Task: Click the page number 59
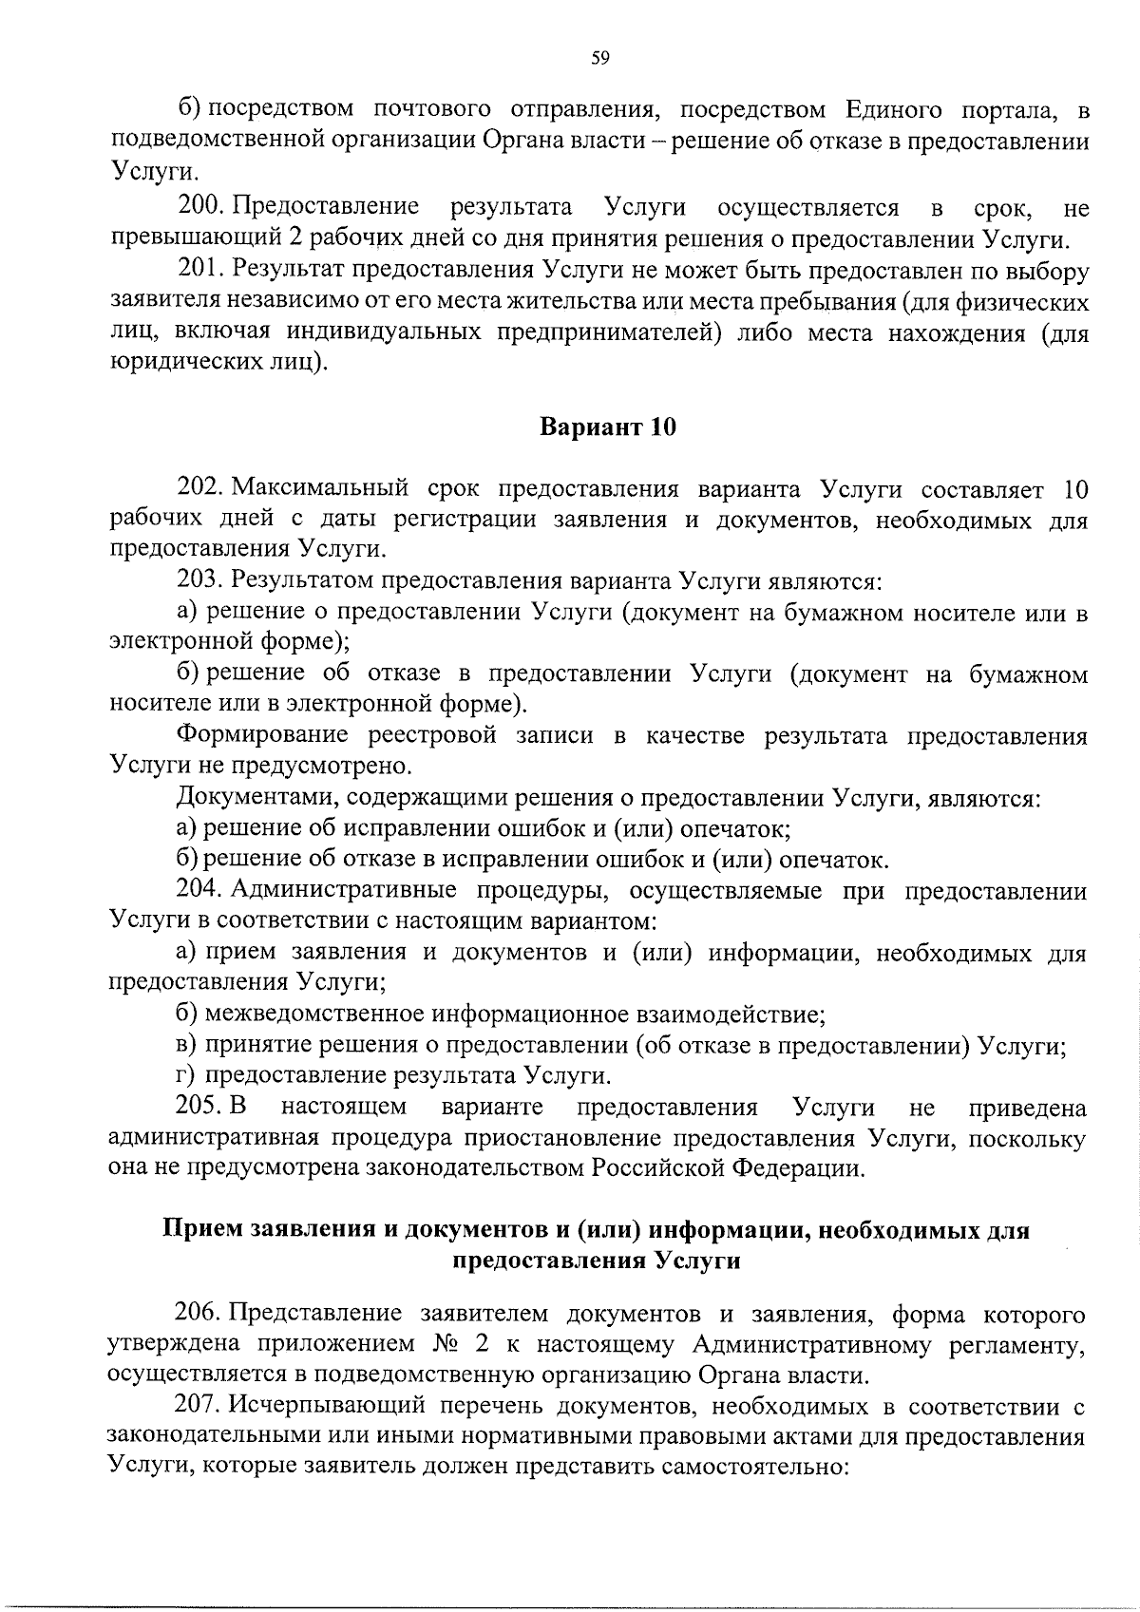pyautogui.click(x=599, y=59)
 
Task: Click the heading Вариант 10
pyautogui.click(x=608, y=427)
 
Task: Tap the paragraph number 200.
pyautogui.click(x=199, y=207)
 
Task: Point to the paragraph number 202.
pyautogui.click(x=199, y=489)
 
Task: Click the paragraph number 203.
pyautogui.click(x=199, y=580)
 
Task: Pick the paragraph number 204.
pyautogui.click(x=199, y=890)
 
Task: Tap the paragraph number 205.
pyautogui.click(x=199, y=1108)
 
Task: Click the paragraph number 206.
pyautogui.click(x=199, y=1315)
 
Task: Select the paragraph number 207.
pyautogui.click(x=199, y=1405)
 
